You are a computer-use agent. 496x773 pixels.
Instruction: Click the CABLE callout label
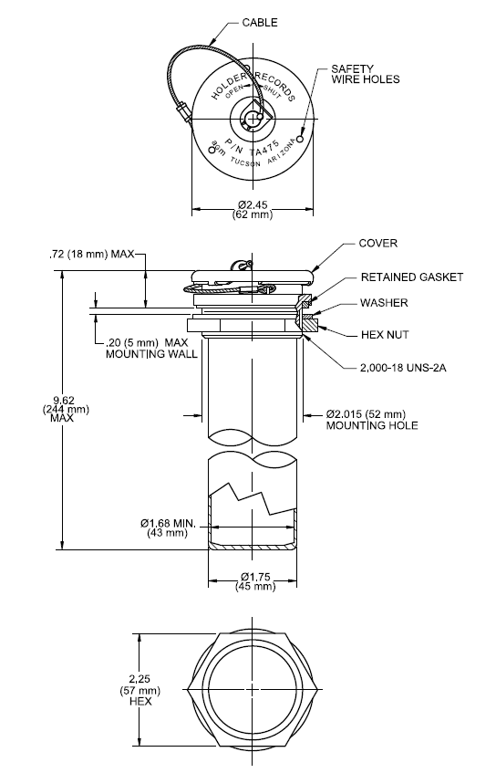(260, 23)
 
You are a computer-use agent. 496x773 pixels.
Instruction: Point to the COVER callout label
(377, 244)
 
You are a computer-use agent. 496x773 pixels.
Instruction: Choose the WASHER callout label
(382, 303)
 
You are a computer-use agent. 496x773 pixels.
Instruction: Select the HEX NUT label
(383, 335)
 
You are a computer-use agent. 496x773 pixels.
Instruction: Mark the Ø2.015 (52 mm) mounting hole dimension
(371, 419)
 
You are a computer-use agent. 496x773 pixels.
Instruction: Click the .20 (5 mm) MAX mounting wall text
(150, 349)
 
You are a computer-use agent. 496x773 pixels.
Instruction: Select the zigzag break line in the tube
(251, 498)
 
